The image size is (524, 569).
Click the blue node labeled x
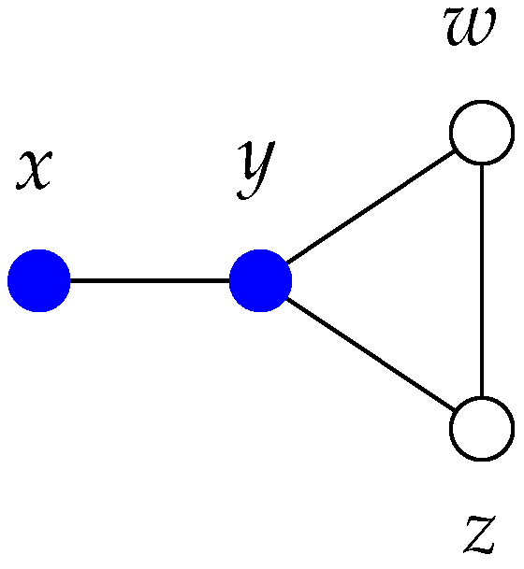(x=39, y=280)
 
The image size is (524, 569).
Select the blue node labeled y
(x=261, y=280)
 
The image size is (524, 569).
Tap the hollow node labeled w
(x=482, y=132)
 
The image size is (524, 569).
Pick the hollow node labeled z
(x=482, y=429)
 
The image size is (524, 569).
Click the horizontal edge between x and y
(x=150, y=280)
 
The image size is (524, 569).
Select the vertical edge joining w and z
(x=482, y=280)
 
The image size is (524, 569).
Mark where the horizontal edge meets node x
(x=71, y=280)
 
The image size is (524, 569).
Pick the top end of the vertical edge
(x=482, y=164)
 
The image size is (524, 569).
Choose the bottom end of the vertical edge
(x=482, y=397)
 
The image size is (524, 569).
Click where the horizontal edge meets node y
(x=230, y=280)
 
